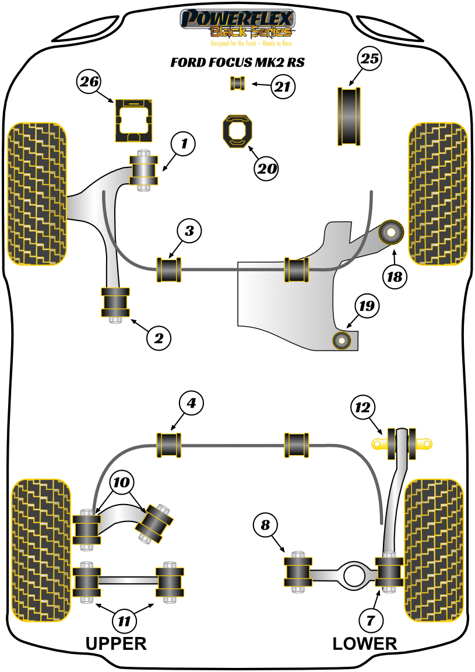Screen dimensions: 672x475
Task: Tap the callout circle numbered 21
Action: coord(282,87)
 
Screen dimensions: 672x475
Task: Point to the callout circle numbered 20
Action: coord(266,169)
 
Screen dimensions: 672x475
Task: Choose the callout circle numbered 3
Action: coord(189,232)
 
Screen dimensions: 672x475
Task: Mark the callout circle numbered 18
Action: coord(395,276)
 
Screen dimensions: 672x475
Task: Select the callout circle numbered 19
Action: coord(368,305)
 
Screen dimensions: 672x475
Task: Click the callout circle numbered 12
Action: coord(363,407)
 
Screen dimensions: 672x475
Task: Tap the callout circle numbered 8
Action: coord(266,526)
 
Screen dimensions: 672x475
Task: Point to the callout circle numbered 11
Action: coord(124,621)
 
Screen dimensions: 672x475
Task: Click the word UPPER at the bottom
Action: coord(116,643)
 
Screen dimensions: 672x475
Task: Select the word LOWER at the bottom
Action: coord(365,643)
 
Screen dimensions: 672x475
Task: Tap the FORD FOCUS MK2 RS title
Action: coord(237,62)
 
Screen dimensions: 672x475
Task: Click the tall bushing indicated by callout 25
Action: coord(349,116)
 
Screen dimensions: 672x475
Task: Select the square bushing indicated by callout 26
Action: coord(133,120)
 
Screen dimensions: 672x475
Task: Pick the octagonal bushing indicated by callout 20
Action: coord(237,132)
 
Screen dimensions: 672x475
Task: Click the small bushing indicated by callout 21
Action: coord(237,83)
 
